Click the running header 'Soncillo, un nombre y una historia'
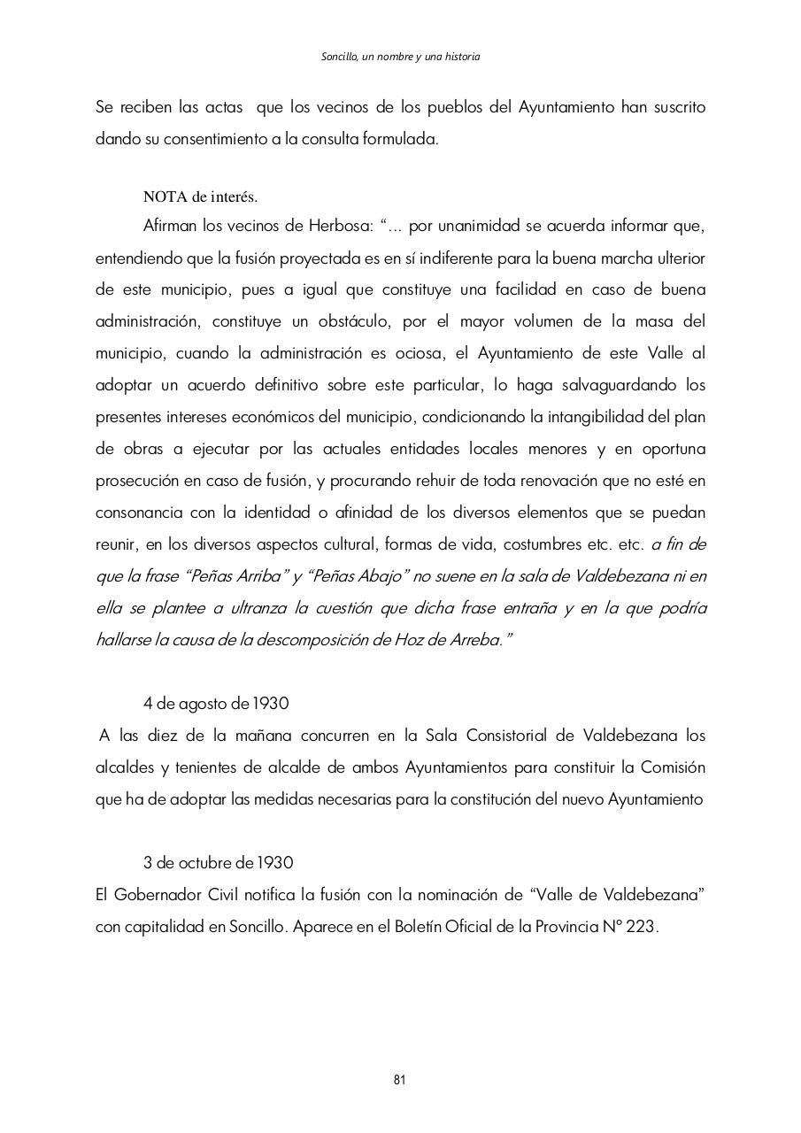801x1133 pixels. tap(400, 57)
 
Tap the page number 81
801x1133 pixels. tap(399, 1079)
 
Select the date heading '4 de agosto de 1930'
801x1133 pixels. tap(216, 704)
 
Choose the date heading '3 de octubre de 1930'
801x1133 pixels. tap(218, 862)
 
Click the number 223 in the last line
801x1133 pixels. tap(642, 926)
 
